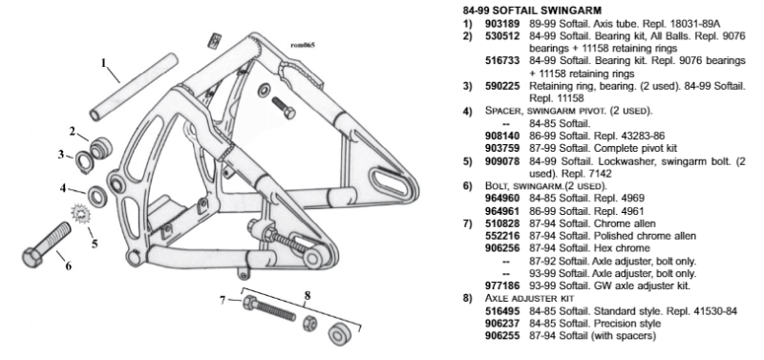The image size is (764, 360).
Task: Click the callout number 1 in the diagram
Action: (x=103, y=63)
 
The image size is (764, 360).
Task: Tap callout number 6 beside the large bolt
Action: (x=69, y=266)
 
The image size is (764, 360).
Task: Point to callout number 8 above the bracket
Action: (x=307, y=296)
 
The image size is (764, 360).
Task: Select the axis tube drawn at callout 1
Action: (x=135, y=88)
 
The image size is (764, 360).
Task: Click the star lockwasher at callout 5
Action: (x=79, y=214)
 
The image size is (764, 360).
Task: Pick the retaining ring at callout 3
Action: (x=82, y=162)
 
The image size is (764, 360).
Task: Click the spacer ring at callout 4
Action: (x=98, y=196)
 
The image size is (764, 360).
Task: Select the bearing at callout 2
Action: (x=100, y=147)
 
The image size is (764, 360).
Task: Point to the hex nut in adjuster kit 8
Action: (x=309, y=323)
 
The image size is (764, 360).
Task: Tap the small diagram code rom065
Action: (x=302, y=45)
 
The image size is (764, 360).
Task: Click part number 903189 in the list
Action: (x=502, y=23)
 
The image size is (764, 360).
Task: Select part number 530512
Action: (x=502, y=36)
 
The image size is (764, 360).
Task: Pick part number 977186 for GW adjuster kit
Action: (x=502, y=286)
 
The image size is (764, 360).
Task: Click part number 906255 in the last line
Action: (x=502, y=336)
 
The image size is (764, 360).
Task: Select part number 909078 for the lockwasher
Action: (x=502, y=161)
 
